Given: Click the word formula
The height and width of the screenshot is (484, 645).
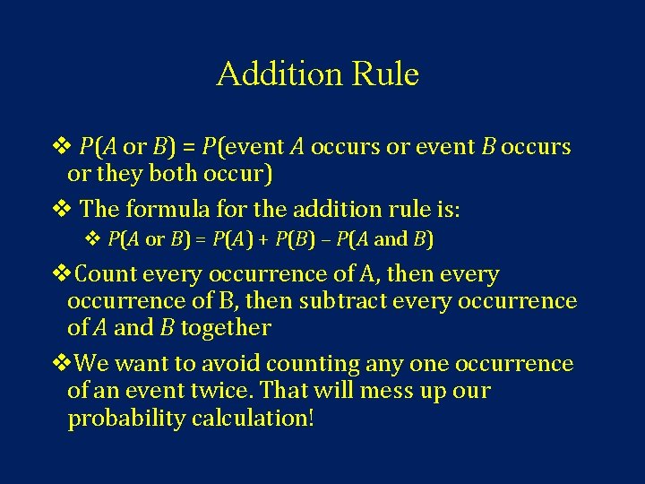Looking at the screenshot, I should coord(164,210).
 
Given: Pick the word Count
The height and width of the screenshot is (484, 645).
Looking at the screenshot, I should coord(107,274).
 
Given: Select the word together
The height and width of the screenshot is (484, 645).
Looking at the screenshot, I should coord(225,328).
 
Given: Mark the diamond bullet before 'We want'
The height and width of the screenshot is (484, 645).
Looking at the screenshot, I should coord(64,364).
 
